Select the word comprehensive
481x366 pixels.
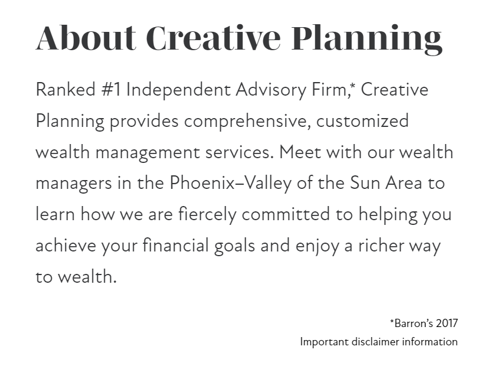(248, 122)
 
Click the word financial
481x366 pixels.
(175, 245)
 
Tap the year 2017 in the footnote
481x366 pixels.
(446, 323)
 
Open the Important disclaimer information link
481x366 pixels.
(378, 341)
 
